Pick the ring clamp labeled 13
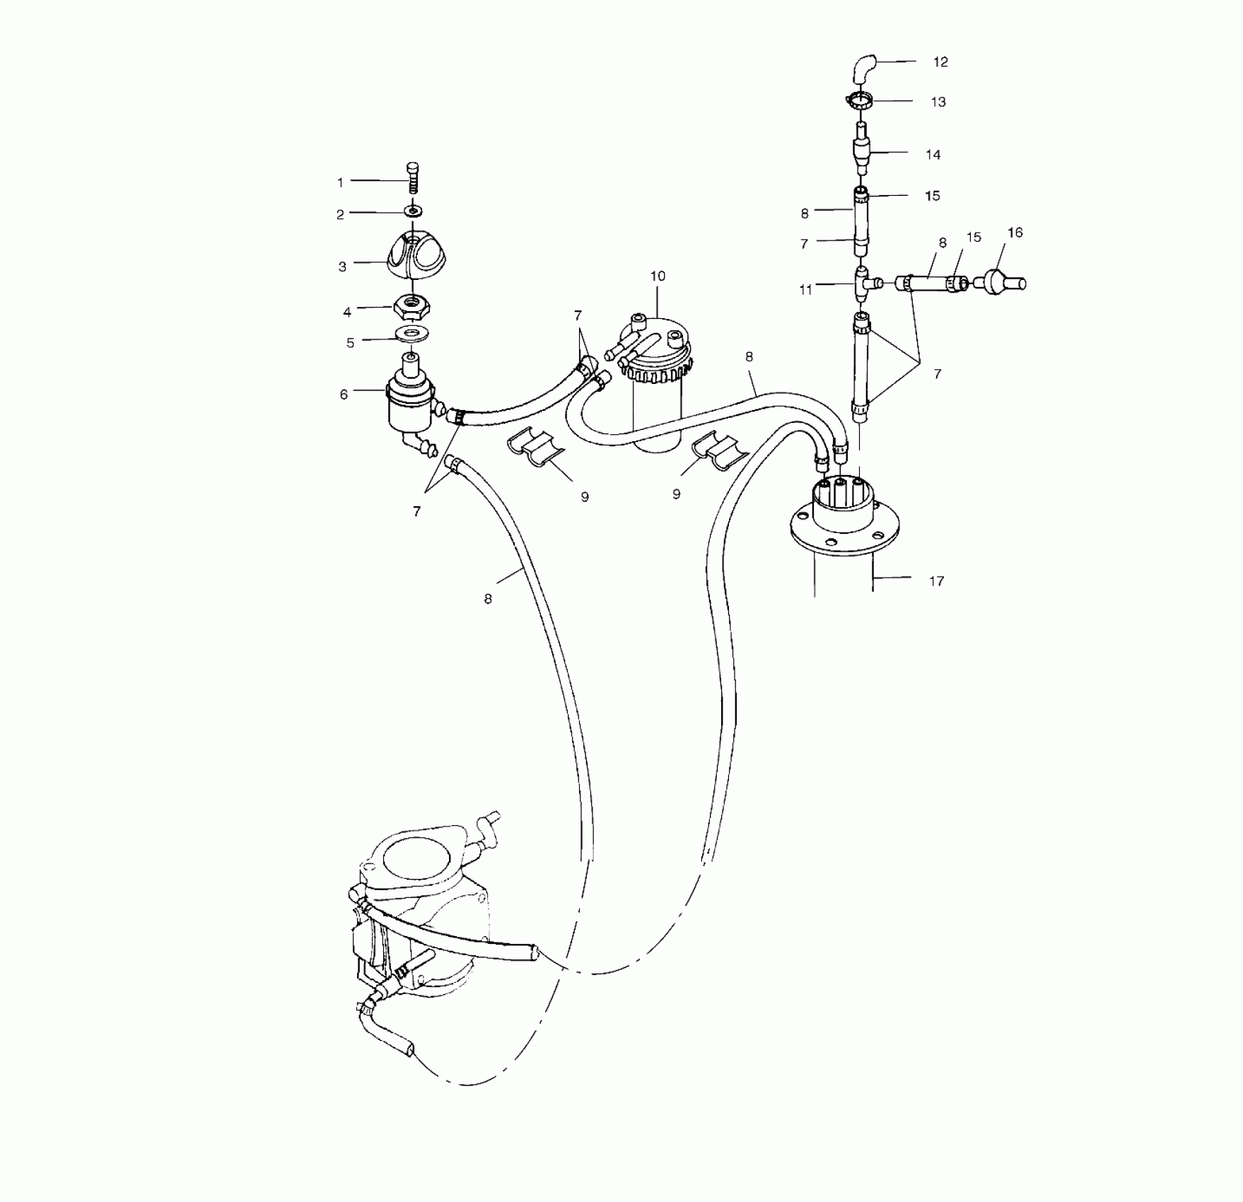point(860,100)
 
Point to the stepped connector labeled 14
point(862,150)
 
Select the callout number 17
point(936,581)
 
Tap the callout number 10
point(658,276)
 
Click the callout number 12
point(940,62)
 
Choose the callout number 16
point(1015,233)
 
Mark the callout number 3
point(342,267)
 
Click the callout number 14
point(933,155)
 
